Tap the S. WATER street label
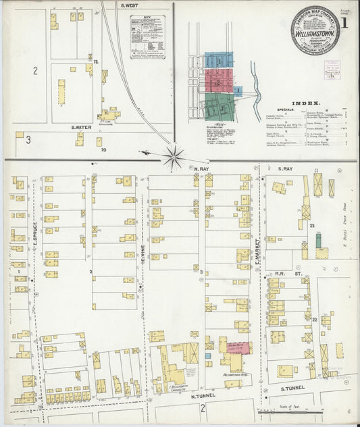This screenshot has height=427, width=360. point(80,126)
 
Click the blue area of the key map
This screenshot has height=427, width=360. point(219,60)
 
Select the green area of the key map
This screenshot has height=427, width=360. point(219,105)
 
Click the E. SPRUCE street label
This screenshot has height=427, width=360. point(32,230)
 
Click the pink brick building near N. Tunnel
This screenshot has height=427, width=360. point(238,347)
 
